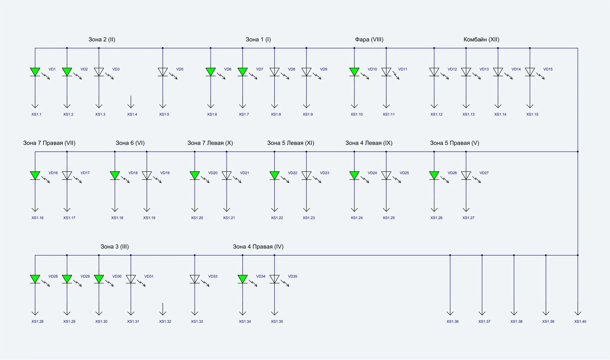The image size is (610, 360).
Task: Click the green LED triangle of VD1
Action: coord(35,72)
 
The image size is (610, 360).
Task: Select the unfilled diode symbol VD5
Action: coord(163,72)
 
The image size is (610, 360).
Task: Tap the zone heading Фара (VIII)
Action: coord(369,40)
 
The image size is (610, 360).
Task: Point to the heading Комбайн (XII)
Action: coord(481,40)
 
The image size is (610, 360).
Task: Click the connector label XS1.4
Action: coord(132,114)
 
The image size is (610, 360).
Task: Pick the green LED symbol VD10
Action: coord(354,72)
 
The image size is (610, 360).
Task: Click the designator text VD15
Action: coord(548,69)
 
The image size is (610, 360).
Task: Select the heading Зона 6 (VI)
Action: coord(130,143)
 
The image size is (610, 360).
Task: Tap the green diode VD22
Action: coord(274,175)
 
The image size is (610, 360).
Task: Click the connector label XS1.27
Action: coord(468,218)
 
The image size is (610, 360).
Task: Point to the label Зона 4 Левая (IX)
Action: coord(369,143)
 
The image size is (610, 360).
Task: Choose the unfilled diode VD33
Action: coord(195,279)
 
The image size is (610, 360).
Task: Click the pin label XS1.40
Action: coord(580,322)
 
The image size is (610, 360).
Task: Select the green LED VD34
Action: coord(243,279)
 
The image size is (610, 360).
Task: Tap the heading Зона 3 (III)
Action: coord(114,247)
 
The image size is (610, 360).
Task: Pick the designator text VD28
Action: coord(53,276)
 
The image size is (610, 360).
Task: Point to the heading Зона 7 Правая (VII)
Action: coord(49,143)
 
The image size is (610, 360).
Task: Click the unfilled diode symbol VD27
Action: coord(466,175)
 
